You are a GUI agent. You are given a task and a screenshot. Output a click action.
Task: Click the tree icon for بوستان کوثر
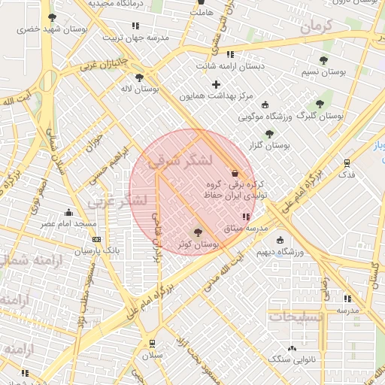198,233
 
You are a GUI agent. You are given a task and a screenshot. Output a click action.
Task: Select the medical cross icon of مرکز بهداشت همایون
217,84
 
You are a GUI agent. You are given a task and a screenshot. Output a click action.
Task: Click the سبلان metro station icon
153,343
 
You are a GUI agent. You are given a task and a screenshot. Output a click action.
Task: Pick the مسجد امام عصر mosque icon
69,212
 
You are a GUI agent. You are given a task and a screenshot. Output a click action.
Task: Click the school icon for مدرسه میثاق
243,217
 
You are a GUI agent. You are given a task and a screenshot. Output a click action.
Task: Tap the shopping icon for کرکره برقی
235,171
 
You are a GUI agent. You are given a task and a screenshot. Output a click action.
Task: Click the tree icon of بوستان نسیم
323,60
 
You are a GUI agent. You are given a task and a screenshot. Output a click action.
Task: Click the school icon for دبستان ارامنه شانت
230,54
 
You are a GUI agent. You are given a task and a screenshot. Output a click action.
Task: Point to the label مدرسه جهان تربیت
135,38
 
